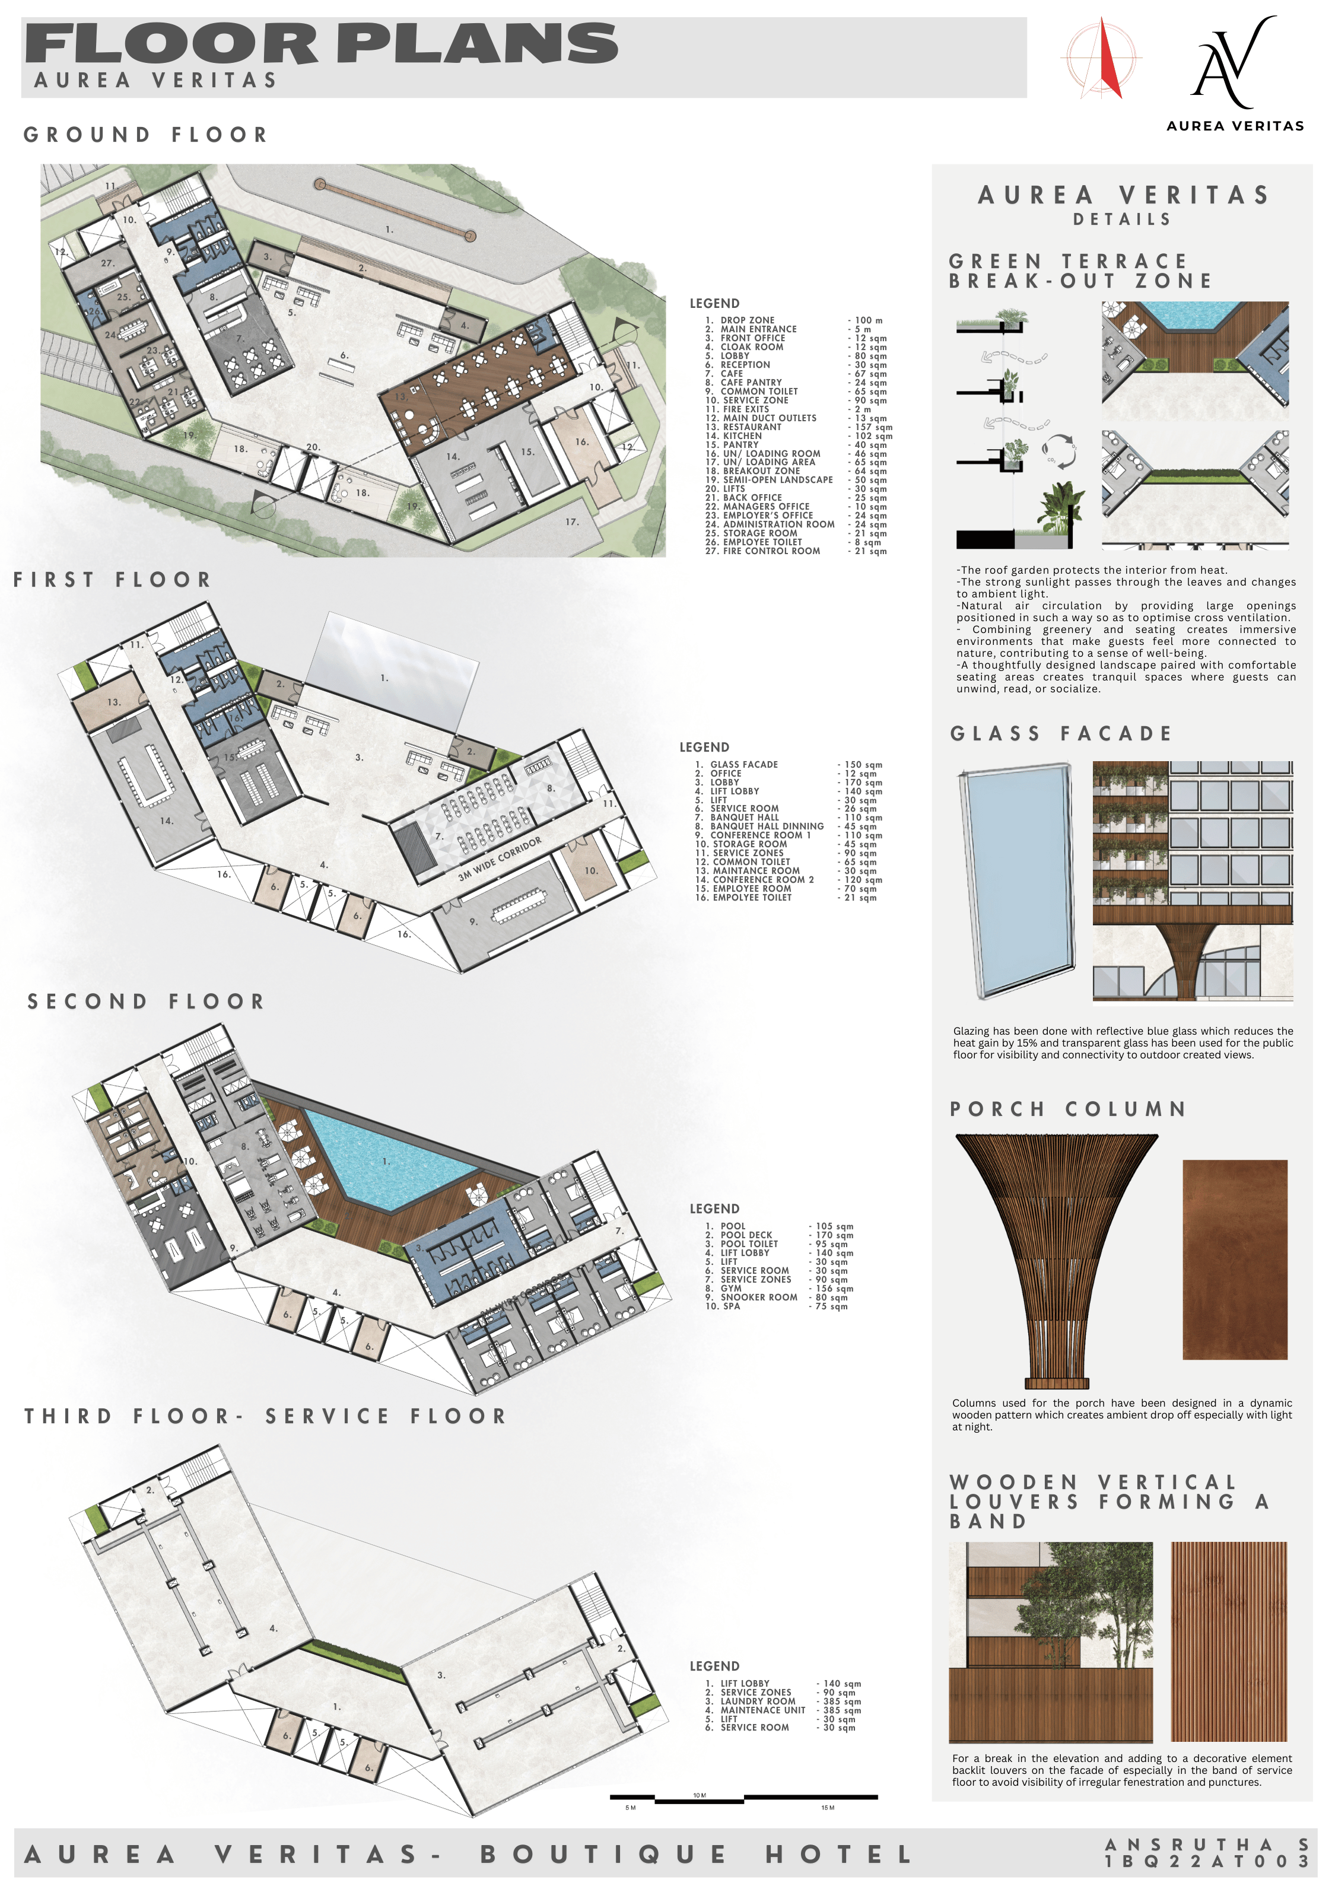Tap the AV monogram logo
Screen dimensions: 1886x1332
(1232, 63)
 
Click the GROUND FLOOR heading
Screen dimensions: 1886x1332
(145, 135)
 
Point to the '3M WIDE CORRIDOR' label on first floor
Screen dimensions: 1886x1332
(500, 858)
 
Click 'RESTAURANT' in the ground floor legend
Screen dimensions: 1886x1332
(752, 427)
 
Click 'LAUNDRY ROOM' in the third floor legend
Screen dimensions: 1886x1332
(758, 1701)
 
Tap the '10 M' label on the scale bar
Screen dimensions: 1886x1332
(700, 1795)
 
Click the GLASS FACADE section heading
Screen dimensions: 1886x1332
(1060, 733)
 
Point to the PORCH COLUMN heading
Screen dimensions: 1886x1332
(1067, 1109)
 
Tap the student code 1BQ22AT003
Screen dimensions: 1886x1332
(1206, 1860)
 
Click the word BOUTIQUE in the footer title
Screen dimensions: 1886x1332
(604, 1854)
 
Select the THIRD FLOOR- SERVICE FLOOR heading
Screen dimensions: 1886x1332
(265, 1416)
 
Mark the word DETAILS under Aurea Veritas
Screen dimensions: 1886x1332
(1121, 220)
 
